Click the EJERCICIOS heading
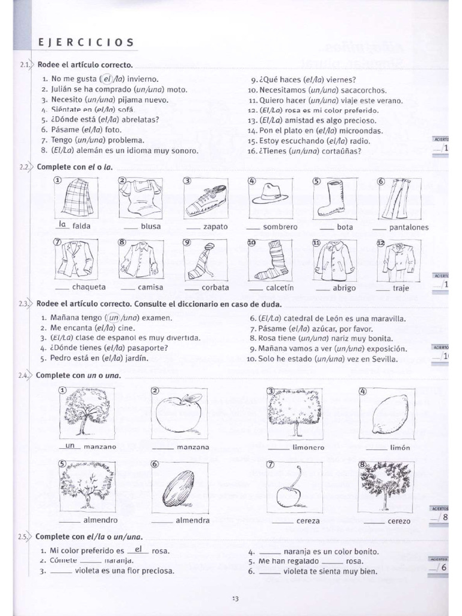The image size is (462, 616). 86,42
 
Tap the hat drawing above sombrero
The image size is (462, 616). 270,194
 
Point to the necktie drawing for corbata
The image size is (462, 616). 203,260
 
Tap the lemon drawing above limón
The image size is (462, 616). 390,414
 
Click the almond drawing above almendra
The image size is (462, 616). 179,488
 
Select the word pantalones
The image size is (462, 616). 409,227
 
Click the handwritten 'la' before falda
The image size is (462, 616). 61,224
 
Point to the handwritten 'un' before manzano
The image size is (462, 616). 70,446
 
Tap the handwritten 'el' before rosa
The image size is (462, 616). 138,549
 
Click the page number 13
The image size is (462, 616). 235,598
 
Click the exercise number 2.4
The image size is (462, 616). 24,375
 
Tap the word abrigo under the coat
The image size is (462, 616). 344,288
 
